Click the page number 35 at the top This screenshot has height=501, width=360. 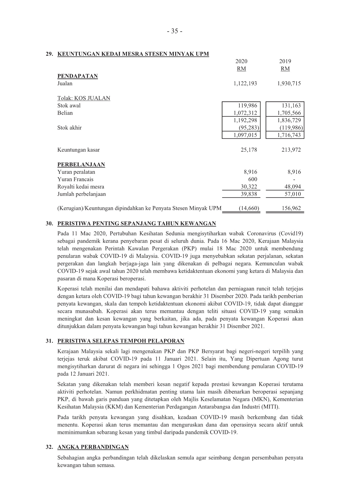(174, 31)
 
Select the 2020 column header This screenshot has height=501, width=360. (241, 61)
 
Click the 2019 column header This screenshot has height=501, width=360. (285, 61)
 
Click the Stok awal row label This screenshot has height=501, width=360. (69, 105)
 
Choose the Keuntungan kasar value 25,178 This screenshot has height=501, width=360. (249, 150)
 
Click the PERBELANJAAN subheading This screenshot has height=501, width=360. (81, 164)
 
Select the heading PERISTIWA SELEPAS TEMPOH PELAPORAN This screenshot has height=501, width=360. (121, 341)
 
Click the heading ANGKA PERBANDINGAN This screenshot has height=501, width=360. (93, 447)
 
